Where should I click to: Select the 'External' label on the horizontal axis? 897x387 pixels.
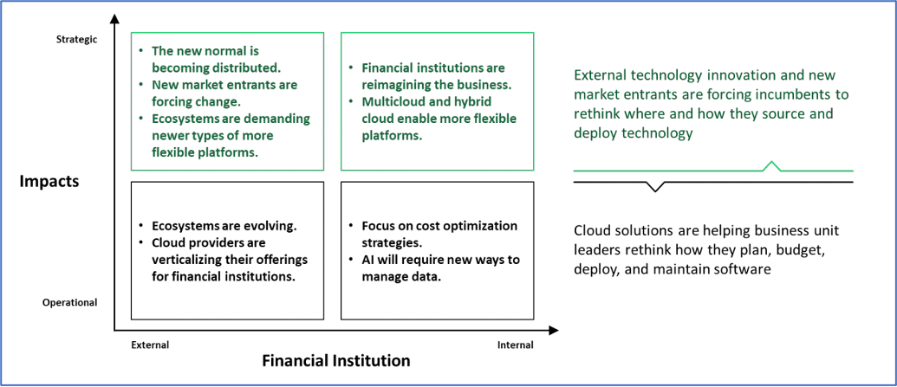[x=150, y=345]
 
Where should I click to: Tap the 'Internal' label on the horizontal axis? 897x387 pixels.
[x=515, y=345]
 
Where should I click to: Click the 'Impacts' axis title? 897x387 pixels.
[x=50, y=181]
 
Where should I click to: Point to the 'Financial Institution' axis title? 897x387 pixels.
[x=336, y=360]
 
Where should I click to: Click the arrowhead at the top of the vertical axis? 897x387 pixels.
[x=114, y=20]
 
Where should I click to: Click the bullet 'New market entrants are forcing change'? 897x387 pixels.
[x=224, y=93]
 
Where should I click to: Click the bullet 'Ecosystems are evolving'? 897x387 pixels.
[x=224, y=226]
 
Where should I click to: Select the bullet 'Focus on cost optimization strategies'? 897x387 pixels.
[x=439, y=234]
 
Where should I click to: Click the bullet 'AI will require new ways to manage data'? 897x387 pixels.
[x=439, y=268]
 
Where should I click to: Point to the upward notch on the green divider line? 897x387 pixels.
[x=771, y=165]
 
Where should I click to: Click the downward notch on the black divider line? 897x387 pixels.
[x=656, y=186]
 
